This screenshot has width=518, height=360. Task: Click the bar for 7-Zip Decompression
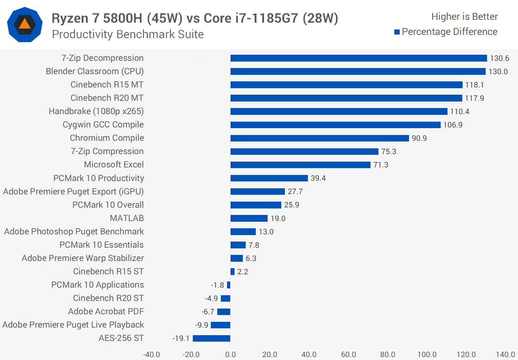(359, 58)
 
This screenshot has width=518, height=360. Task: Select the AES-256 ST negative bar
(212, 338)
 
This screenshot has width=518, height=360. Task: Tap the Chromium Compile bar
(319, 138)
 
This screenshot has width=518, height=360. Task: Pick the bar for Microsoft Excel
(300, 165)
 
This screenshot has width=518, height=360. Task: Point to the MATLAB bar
(249, 219)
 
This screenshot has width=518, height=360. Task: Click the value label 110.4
(459, 112)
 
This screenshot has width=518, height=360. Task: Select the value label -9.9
(202, 325)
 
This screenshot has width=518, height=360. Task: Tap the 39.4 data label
(318, 178)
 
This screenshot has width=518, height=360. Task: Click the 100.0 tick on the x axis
(427, 355)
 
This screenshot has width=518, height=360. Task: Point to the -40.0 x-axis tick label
(151, 355)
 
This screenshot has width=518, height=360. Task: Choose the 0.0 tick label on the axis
(230, 355)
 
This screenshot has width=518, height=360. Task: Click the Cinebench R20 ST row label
(108, 298)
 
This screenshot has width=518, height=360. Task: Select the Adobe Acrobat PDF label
(106, 312)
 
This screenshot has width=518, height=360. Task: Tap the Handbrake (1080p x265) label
(96, 112)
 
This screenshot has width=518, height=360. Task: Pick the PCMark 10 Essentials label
(101, 245)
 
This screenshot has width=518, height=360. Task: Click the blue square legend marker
(397, 32)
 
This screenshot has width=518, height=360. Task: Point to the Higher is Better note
(464, 17)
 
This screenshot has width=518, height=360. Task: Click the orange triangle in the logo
(24, 24)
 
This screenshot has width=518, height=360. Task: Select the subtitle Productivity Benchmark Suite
(128, 35)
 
